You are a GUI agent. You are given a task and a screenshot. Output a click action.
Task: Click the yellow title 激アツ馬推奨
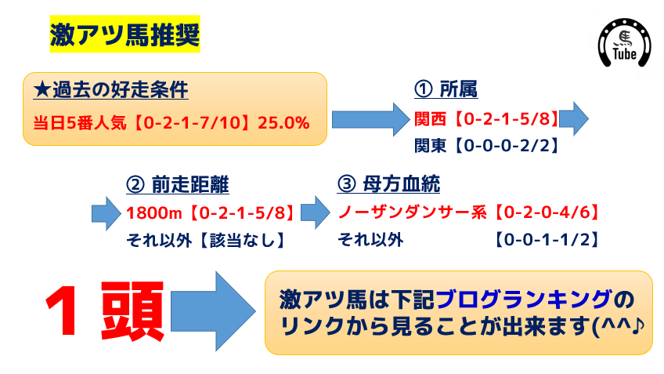125,34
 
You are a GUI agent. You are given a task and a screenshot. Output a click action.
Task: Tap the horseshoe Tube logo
624,43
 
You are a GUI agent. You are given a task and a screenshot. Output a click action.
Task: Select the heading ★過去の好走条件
111,89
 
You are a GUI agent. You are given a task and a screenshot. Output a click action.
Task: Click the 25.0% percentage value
283,123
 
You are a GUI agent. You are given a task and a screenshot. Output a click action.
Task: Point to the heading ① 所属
446,89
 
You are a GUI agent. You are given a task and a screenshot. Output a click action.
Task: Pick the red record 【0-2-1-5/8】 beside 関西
506,119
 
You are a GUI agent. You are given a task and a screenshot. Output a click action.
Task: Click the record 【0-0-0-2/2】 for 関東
506,146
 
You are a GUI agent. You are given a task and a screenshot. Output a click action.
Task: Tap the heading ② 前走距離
178,184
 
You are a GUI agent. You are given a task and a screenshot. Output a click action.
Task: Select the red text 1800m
154,212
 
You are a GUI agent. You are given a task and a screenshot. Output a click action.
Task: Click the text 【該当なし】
242,241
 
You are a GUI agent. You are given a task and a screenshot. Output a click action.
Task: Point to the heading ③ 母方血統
388,184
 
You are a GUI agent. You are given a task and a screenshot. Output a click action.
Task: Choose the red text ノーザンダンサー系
413,212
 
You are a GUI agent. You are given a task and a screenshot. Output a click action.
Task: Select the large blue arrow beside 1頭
213,312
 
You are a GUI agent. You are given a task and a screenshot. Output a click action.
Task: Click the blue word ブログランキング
524,300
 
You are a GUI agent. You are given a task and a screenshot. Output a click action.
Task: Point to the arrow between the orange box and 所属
371,119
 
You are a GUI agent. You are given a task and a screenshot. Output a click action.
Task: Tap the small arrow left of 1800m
106,213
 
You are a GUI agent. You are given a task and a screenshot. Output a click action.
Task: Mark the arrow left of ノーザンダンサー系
316,212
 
